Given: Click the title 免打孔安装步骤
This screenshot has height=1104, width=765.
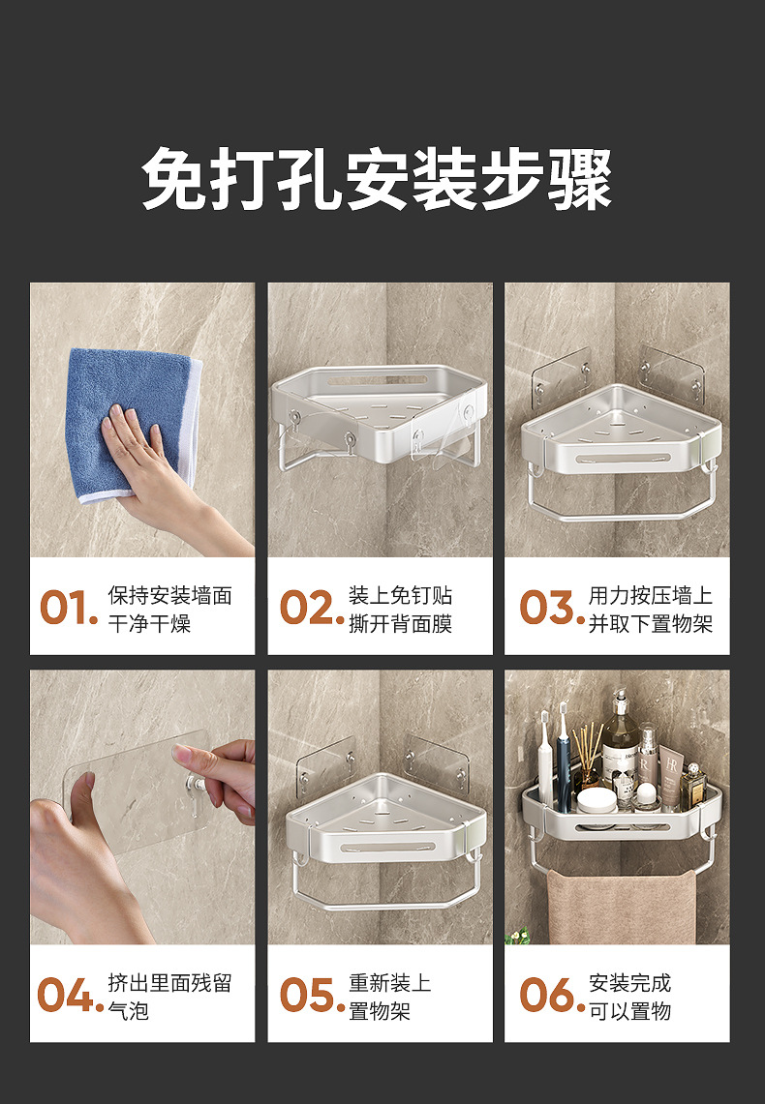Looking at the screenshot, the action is (377, 180).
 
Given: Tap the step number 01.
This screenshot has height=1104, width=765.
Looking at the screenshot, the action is (69, 608).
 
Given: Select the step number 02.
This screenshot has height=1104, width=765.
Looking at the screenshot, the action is (312, 608).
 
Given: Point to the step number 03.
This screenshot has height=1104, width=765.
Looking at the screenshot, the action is (552, 608).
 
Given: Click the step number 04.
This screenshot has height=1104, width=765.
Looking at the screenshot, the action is (70, 995).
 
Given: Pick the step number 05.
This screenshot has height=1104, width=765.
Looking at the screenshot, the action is (312, 995).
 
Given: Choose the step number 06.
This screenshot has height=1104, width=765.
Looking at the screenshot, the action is (552, 995).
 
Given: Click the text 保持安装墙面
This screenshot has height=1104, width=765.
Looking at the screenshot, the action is (169, 596).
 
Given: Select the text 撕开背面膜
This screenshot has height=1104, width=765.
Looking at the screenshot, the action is (400, 624).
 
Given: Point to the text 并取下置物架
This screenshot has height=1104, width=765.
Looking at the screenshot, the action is (650, 624).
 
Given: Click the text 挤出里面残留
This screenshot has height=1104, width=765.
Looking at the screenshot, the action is (169, 983).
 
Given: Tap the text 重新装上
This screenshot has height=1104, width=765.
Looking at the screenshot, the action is (389, 983).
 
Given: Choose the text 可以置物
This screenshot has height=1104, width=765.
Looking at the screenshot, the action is (629, 1011).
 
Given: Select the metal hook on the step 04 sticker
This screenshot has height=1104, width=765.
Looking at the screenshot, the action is (195, 789).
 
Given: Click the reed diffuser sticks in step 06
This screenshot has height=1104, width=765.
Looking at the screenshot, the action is (587, 748).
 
